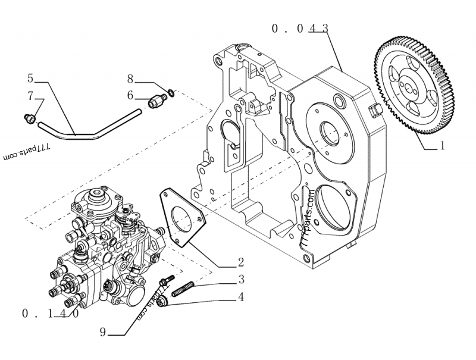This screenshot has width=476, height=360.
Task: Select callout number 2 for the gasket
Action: click(x=240, y=262)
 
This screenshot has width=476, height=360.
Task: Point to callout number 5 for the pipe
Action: click(x=30, y=78)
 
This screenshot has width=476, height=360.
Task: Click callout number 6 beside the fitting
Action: click(x=130, y=95)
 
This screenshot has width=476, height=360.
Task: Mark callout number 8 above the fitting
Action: click(x=130, y=78)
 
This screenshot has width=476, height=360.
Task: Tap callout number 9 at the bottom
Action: click(x=104, y=331)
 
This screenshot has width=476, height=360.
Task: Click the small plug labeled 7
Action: click(x=29, y=118)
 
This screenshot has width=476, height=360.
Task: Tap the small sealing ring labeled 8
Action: click(x=171, y=91)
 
